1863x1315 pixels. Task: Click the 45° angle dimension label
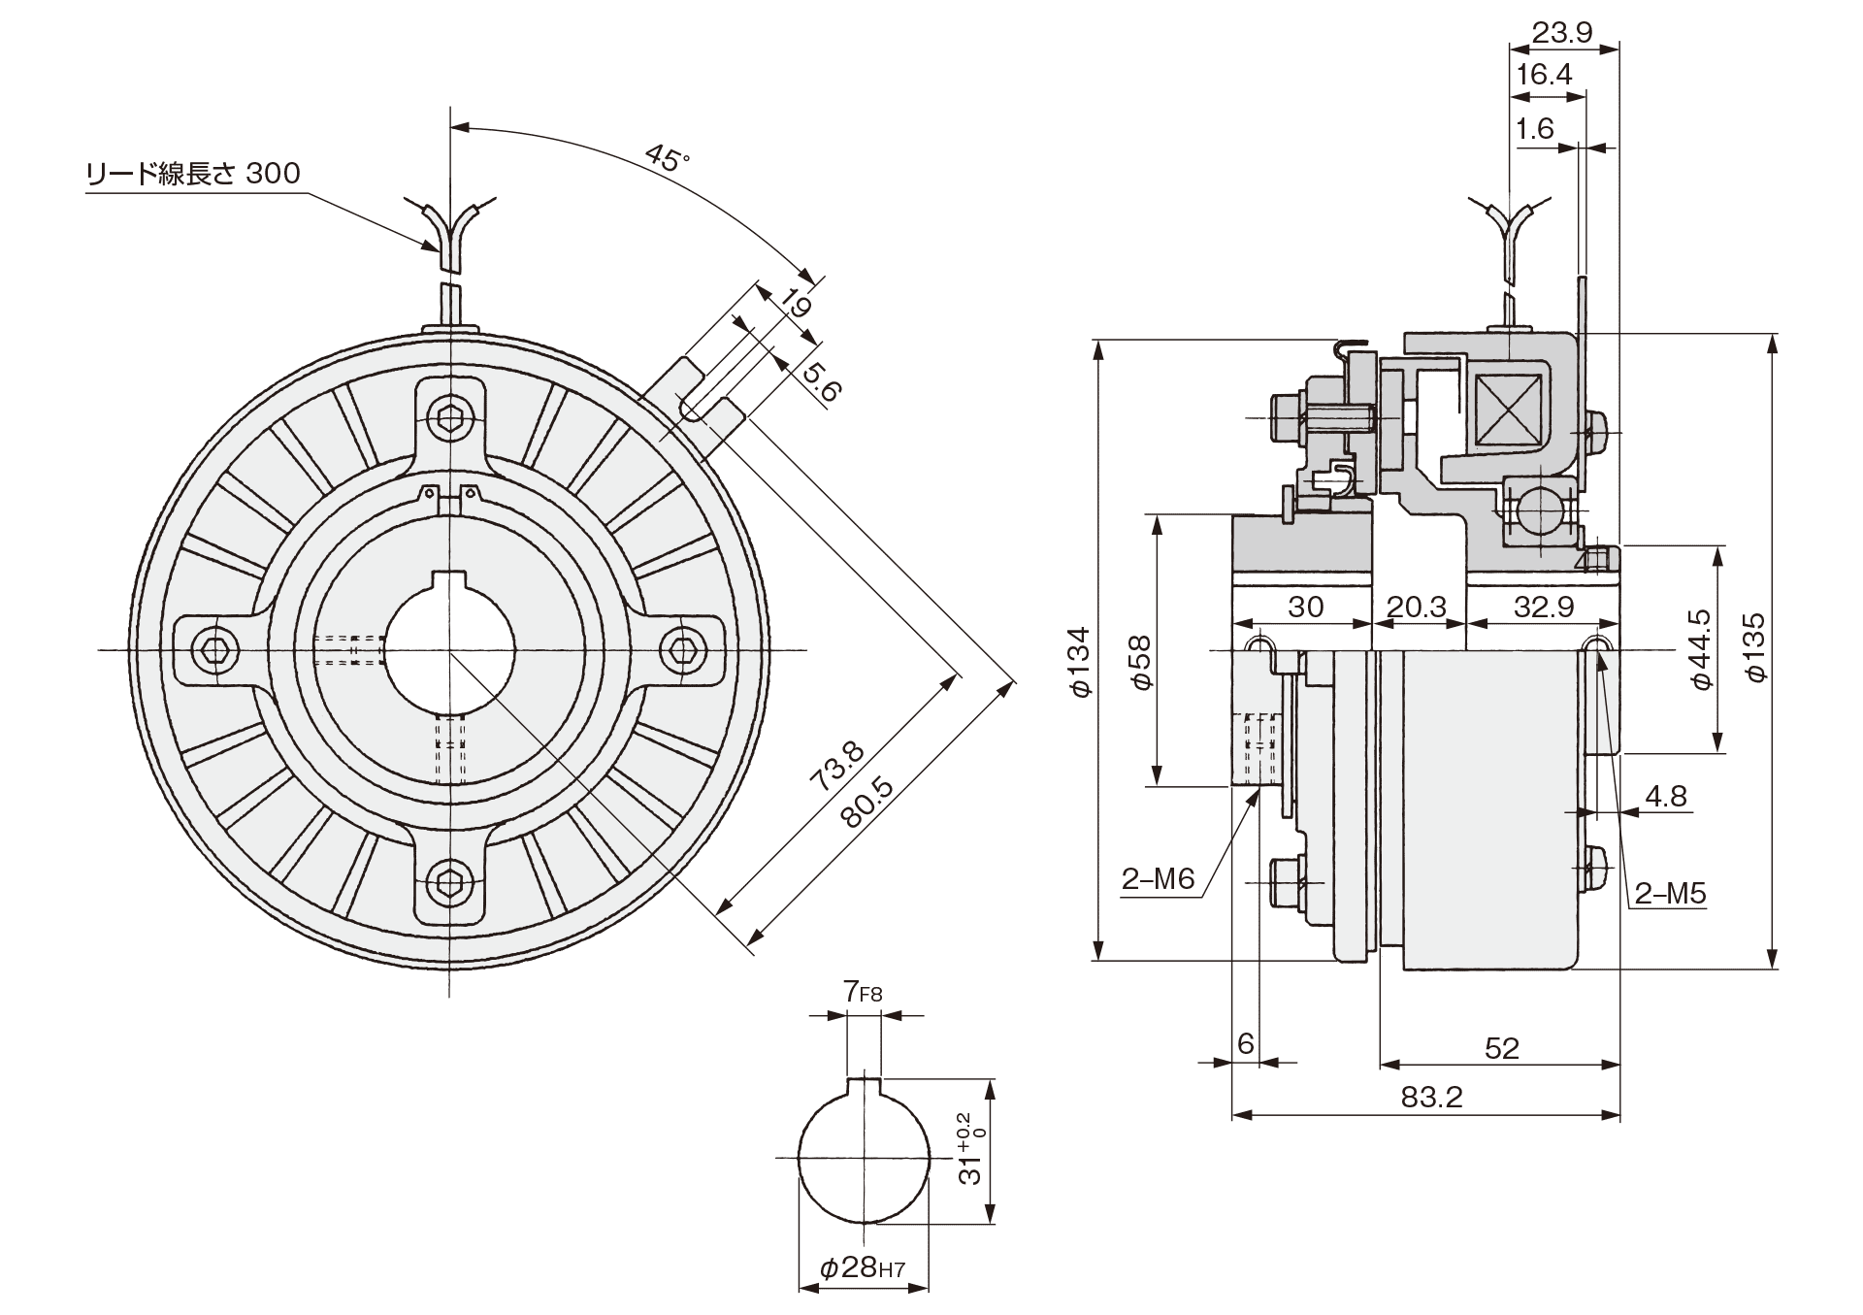(667, 158)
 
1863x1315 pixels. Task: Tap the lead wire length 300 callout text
(193, 174)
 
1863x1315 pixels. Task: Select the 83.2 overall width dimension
(1431, 1098)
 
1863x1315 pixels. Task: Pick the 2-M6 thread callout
(1159, 880)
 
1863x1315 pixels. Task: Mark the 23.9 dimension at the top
(1562, 33)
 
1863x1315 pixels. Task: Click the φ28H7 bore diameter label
(863, 1267)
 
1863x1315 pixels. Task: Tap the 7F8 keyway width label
(863, 991)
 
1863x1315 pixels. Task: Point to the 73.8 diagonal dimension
(835, 767)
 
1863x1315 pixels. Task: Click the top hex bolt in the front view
(450, 419)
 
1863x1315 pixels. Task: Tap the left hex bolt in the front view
(215, 648)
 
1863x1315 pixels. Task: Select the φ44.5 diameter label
(1700, 650)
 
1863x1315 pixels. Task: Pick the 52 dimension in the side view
(1501, 1048)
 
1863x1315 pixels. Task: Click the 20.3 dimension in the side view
(1416, 608)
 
